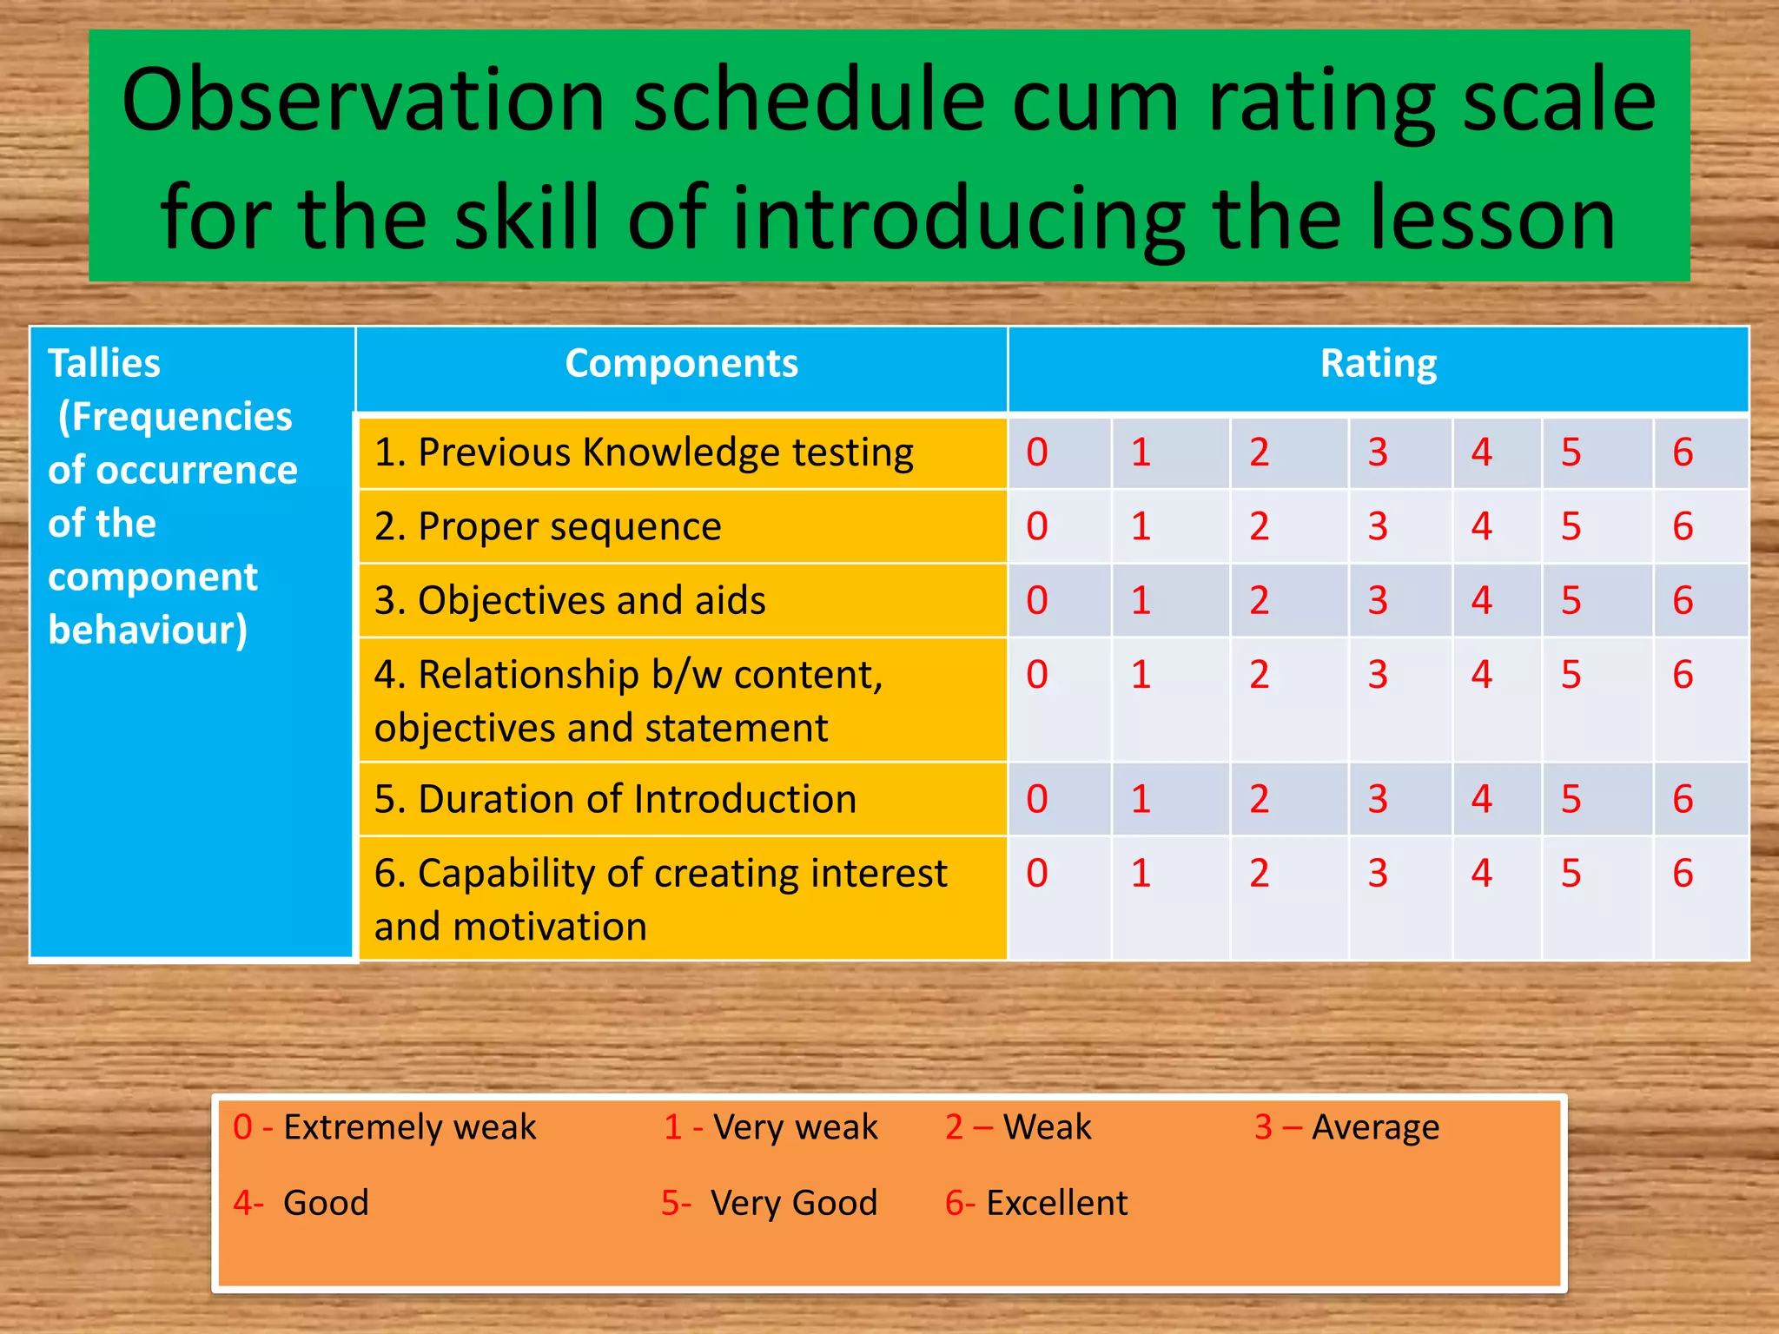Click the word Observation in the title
(x=363, y=102)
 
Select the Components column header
(x=681, y=363)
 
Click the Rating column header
(x=1378, y=363)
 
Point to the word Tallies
(x=104, y=363)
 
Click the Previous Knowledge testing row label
(x=644, y=452)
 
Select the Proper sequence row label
(x=548, y=526)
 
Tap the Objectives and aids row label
(x=570, y=600)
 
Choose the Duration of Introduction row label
(x=615, y=799)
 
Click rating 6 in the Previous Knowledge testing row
(x=1683, y=452)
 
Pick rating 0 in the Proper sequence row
(x=1037, y=526)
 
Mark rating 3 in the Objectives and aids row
(x=1378, y=600)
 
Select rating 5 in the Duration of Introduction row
(x=1571, y=799)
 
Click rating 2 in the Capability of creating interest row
(x=1259, y=874)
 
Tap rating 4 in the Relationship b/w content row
(x=1481, y=675)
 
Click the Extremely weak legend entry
(x=385, y=1127)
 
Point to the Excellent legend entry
(x=1036, y=1203)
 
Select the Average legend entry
(x=1346, y=1127)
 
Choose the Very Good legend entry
(x=769, y=1203)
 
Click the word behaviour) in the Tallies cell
(x=148, y=631)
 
